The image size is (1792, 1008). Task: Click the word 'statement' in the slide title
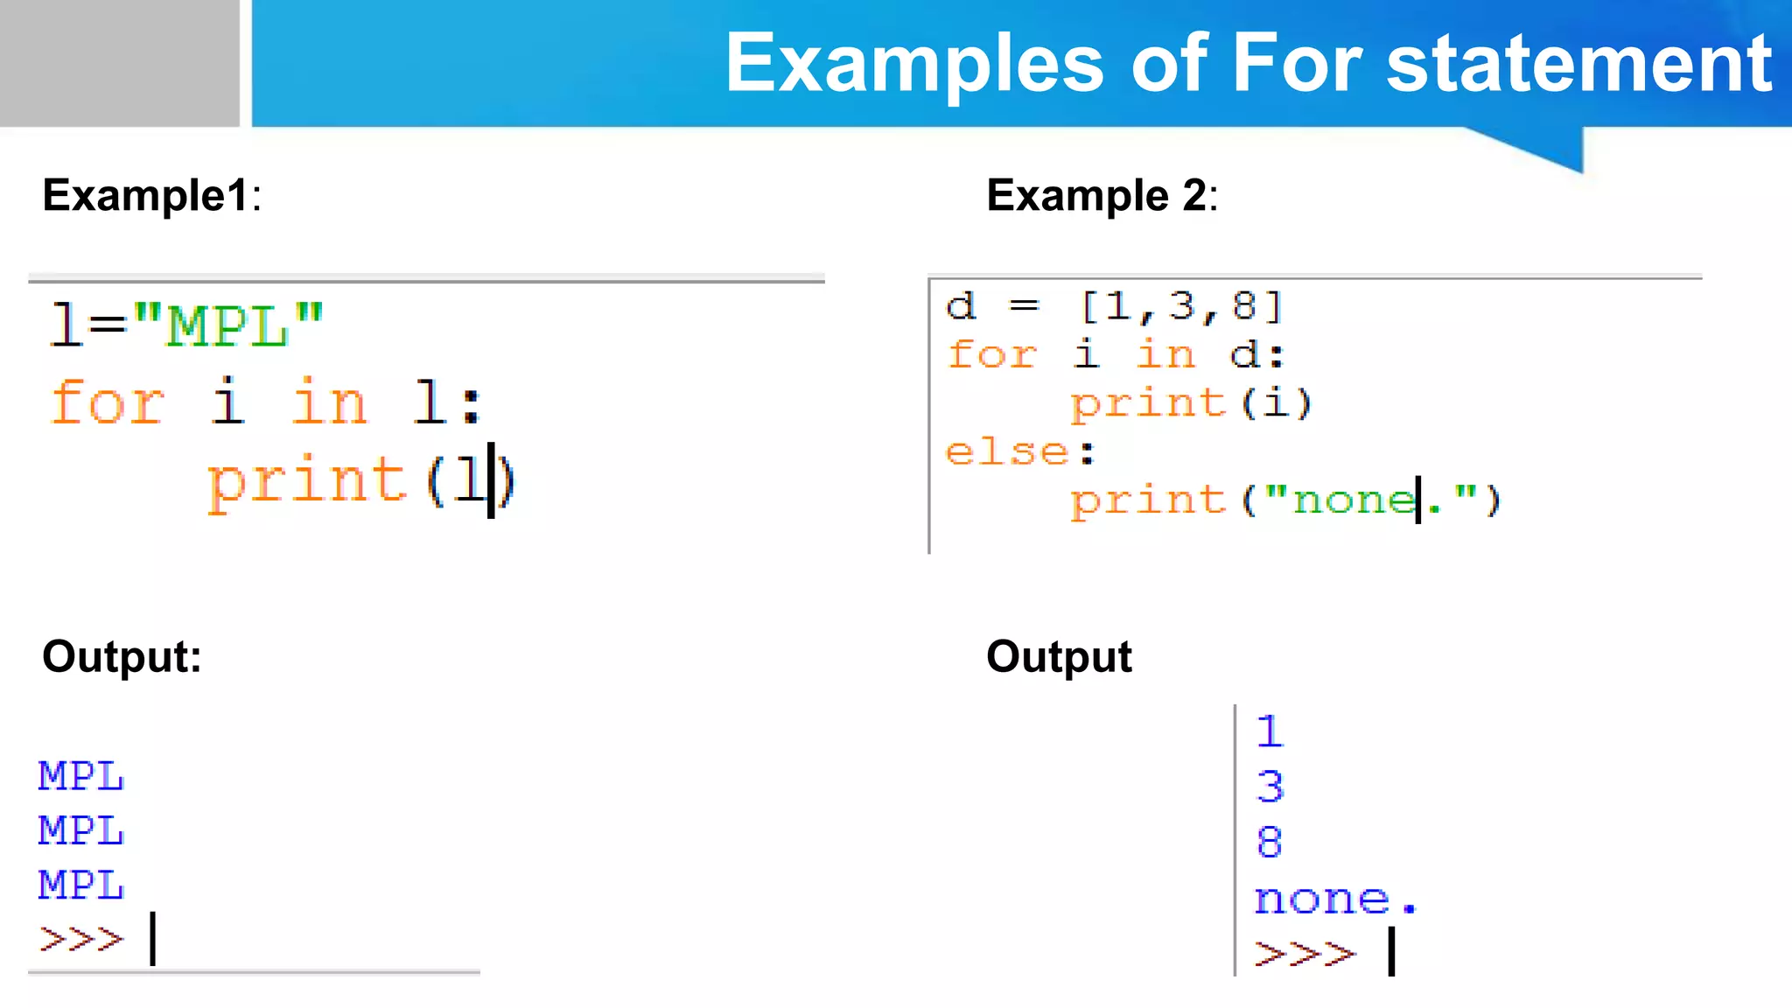pyautogui.click(x=1578, y=63)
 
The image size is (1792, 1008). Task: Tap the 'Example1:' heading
pyautogui.click(x=151, y=195)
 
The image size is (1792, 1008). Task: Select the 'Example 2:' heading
pyautogui.click(x=1102, y=195)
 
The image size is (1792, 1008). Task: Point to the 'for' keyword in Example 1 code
pyautogui.click(x=108, y=402)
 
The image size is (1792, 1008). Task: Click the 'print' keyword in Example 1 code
pyautogui.click(x=306, y=480)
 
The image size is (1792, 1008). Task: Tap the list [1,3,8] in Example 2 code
pyautogui.click(x=1181, y=306)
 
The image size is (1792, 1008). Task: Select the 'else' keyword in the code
pyautogui.click(x=1007, y=452)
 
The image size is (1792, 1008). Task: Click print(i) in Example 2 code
pyautogui.click(x=1191, y=403)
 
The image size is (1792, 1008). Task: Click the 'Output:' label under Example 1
pyautogui.click(x=122, y=656)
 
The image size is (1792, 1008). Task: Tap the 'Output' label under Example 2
pyautogui.click(x=1059, y=656)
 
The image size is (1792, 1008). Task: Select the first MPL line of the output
pyautogui.click(x=81, y=776)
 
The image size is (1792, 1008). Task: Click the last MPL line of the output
pyautogui.click(x=81, y=885)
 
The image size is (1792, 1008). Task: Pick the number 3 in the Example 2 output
pyautogui.click(x=1270, y=787)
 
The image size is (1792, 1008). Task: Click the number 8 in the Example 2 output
pyautogui.click(x=1270, y=842)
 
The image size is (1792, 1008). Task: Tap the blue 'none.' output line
pyautogui.click(x=1334, y=899)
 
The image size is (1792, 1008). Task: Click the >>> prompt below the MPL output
pyautogui.click(x=81, y=940)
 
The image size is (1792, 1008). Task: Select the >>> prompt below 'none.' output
pyautogui.click(x=1304, y=953)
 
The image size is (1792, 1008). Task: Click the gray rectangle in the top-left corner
pyautogui.click(x=119, y=63)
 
